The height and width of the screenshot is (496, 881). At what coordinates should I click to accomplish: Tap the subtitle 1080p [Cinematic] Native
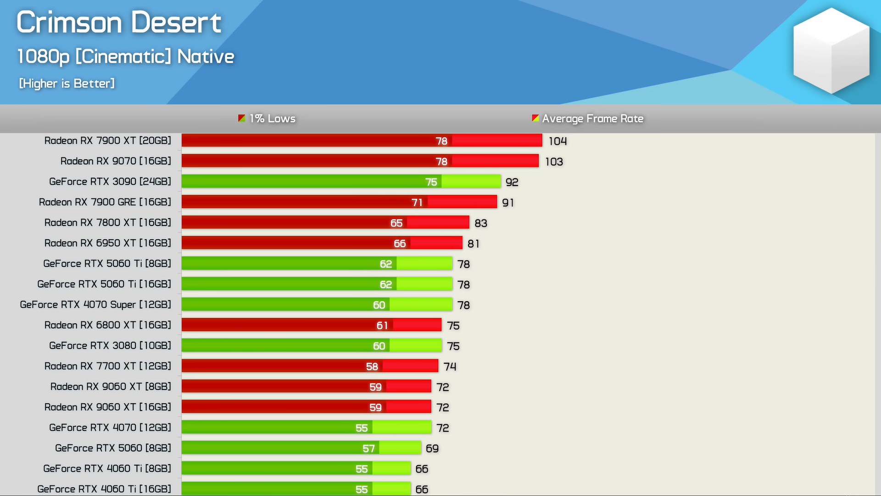[x=125, y=56]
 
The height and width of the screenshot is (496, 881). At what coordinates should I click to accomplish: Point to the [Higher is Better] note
[x=67, y=83]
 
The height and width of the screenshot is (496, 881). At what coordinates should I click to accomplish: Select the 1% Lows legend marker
[x=242, y=118]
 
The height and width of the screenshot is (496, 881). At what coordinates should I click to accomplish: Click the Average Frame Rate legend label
[x=592, y=118]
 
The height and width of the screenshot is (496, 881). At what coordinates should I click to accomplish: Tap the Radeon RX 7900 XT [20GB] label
[x=107, y=141]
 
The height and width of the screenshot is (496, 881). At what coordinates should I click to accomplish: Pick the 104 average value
[x=558, y=141]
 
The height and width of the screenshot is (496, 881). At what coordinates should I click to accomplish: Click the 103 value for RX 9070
[x=554, y=162]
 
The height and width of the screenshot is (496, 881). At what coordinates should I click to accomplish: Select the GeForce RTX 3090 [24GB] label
[x=110, y=181]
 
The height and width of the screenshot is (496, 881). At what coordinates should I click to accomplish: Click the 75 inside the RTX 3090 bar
[x=431, y=182]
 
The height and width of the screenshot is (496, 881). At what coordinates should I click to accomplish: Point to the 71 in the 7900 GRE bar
[x=417, y=203]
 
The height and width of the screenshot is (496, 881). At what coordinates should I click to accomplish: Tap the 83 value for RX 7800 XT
[x=480, y=223]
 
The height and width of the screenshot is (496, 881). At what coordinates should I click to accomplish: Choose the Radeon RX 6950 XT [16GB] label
[x=107, y=243]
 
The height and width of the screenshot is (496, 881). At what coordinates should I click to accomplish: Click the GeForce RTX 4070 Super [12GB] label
[x=95, y=304]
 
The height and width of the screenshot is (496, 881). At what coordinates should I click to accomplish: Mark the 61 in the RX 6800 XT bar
[x=382, y=326]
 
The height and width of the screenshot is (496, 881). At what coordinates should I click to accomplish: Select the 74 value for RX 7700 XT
[x=450, y=366]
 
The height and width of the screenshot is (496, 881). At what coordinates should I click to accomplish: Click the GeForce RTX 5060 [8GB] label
[x=113, y=448]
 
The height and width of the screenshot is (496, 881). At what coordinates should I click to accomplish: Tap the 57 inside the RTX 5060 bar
[x=368, y=449]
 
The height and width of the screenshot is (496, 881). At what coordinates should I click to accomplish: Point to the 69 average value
[x=432, y=449]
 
